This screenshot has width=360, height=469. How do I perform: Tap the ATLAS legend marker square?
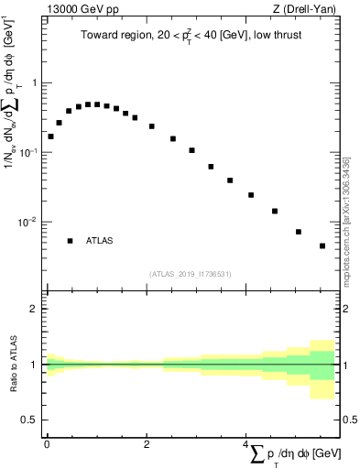pos(70,241)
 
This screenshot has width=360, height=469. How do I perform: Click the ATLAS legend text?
pos(100,241)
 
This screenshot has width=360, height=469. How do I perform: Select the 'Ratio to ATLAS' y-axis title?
pos(12,364)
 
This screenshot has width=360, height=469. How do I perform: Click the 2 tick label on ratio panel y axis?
pos(35,309)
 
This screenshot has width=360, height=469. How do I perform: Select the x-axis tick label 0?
pos(47,443)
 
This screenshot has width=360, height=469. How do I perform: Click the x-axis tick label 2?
pos(147,443)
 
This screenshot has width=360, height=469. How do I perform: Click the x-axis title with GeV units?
pos(294,453)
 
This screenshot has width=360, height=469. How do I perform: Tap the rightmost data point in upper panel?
pos(322,245)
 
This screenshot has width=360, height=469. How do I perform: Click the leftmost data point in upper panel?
pos(50,136)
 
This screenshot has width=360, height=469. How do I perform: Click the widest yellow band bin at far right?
pos(322,369)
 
